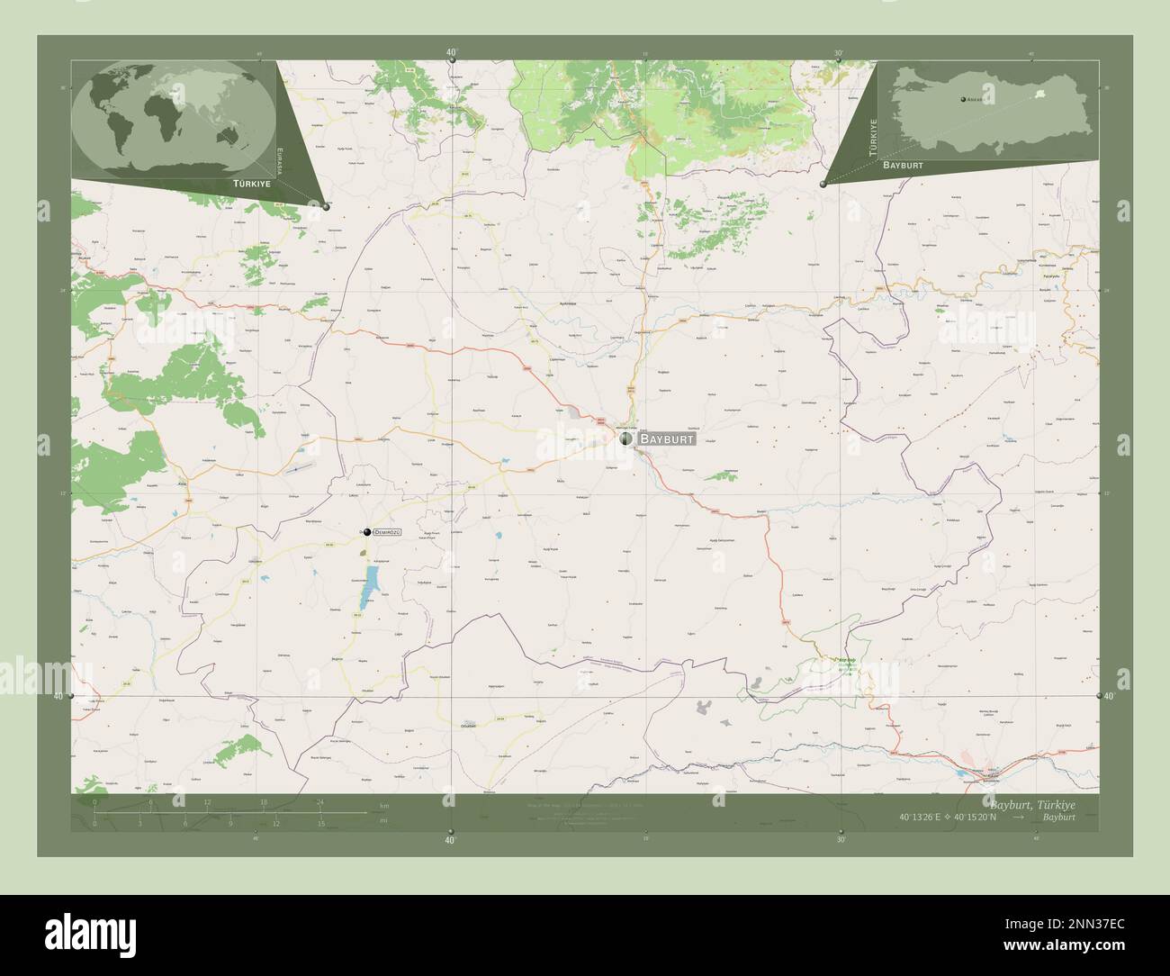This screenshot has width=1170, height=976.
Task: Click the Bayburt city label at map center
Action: click(666, 439)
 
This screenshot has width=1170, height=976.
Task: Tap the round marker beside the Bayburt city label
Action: click(625, 438)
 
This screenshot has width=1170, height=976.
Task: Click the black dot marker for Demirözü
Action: click(367, 532)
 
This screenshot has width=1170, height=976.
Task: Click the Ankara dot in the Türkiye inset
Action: click(961, 99)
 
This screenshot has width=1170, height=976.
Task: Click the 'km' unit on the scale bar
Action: click(384, 806)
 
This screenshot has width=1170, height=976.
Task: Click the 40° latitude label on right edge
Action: click(1110, 696)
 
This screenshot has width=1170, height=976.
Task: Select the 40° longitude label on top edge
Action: click(451, 52)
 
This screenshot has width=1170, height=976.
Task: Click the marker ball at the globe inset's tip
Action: click(326, 206)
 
